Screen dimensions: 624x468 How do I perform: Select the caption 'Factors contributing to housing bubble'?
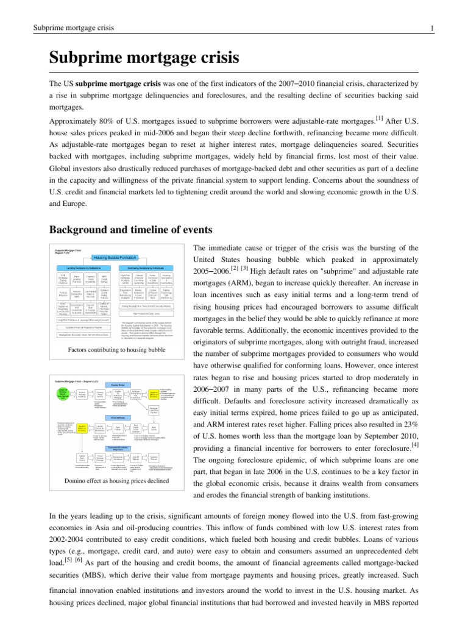(117, 350)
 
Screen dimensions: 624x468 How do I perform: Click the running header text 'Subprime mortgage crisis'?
(70, 28)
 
